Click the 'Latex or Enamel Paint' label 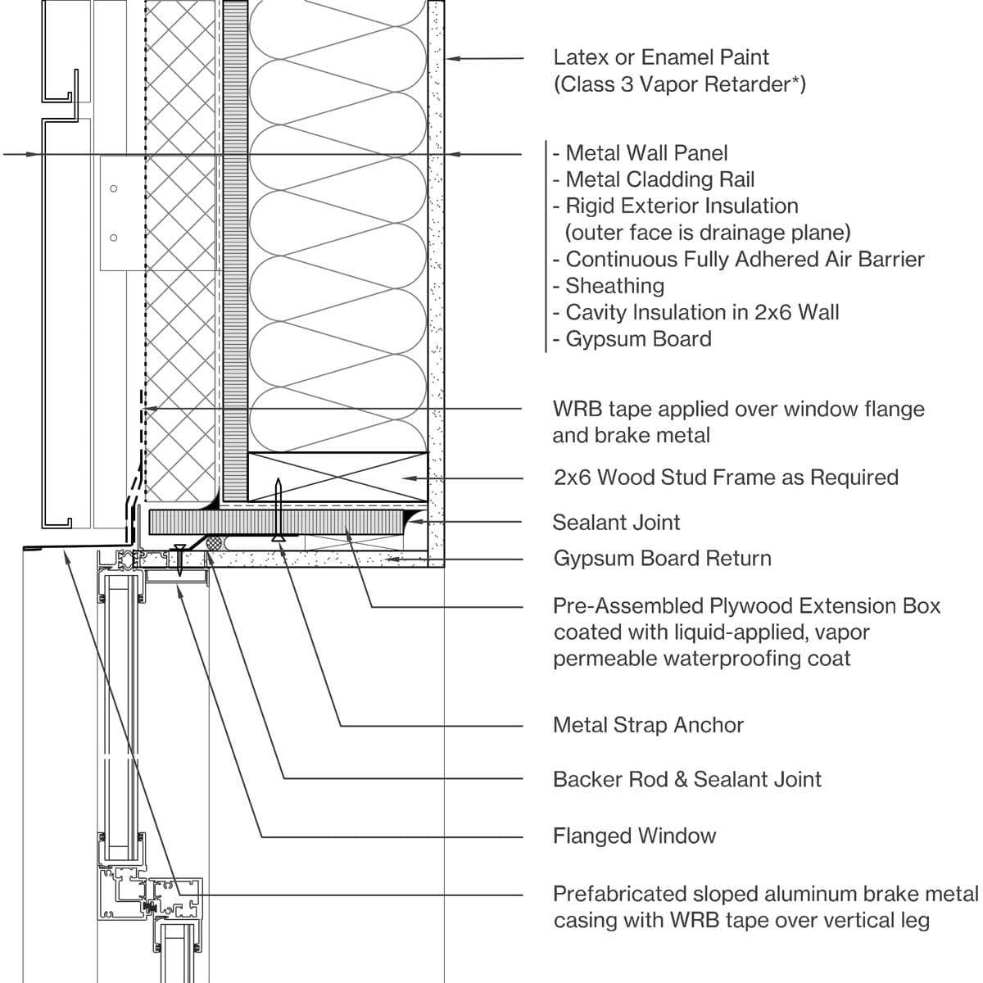pos(661,57)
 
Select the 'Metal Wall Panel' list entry pos(646,153)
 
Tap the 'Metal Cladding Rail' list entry pos(660,179)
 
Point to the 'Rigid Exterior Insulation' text pos(682,206)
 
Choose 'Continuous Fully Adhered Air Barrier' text pos(745,260)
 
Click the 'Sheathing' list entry pos(614,286)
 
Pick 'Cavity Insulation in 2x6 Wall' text pos(702,312)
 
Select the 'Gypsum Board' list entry pos(638,339)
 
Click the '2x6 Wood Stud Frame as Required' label pos(726,478)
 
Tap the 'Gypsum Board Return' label pos(662,559)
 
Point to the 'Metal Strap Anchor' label pos(648,725)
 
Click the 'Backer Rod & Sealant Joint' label pos(686,779)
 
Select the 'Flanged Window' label pos(634,836)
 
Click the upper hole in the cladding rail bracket pos(114,188)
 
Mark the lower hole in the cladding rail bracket pos(114,238)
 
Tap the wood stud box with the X pos(337,477)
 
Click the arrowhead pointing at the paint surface pos(451,58)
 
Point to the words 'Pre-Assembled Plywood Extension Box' pos(746,606)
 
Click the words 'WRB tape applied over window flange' pos(738,409)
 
